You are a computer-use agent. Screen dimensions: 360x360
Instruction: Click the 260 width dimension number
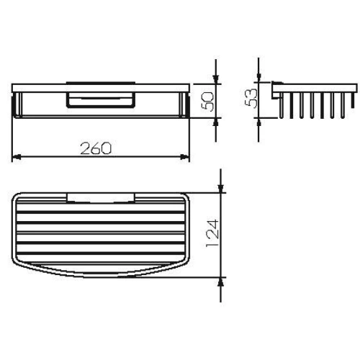pyautogui.click(x=96, y=148)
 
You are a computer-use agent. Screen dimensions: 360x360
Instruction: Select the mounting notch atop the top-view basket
pyautogui.click(x=100, y=196)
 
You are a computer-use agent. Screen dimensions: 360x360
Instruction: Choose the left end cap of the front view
pyautogui.click(x=15, y=104)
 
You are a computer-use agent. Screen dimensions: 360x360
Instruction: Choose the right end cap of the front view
pyautogui.click(x=186, y=104)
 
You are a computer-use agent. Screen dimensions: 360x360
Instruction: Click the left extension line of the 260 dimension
pyautogui.click(x=13, y=137)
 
